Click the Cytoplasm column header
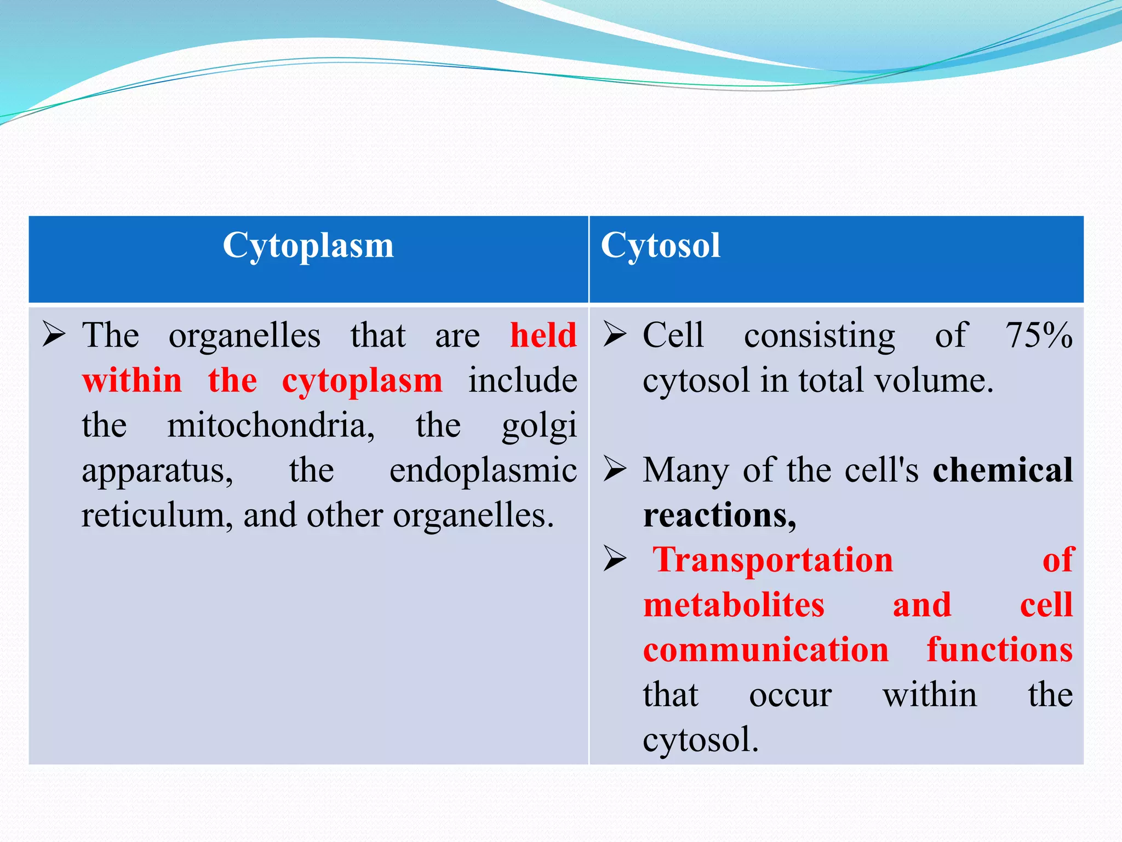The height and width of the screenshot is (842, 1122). tap(308, 246)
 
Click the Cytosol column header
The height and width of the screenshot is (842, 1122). tap(660, 246)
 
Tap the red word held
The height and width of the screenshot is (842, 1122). tap(543, 335)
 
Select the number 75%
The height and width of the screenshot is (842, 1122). tap(1039, 335)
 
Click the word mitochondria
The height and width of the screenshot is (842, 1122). tap(271, 425)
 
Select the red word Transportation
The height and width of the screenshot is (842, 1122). tap(772, 560)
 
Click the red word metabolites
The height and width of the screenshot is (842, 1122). tap(734, 605)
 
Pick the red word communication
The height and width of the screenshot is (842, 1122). tap(765, 650)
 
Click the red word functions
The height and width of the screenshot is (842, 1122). tap(999, 650)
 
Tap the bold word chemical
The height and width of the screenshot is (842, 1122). tap(1003, 470)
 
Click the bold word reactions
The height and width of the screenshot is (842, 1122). tap(719, 516)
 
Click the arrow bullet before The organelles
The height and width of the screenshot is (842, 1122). tap(54, 334)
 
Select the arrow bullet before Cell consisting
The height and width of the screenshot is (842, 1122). tap(615, 334)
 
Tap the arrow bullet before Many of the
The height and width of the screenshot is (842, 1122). tap(615, 469)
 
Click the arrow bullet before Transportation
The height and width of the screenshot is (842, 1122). tap(615, 559)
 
